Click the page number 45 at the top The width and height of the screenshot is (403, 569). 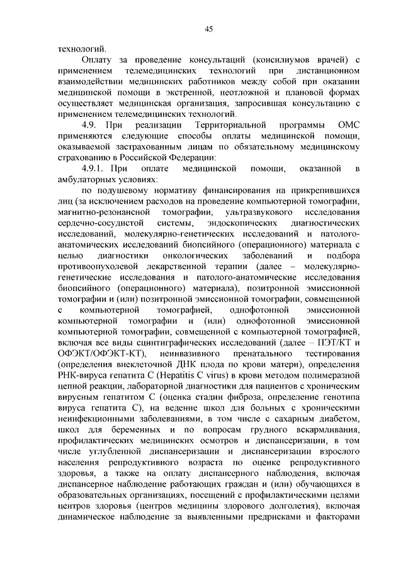tap(208, 28)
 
